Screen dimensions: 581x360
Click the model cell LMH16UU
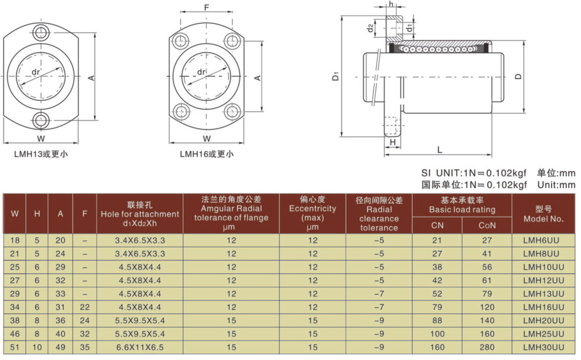click(x=543, y=307)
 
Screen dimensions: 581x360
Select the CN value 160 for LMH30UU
click(x=437, y=347)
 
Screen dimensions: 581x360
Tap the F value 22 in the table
click(x=85, y=307)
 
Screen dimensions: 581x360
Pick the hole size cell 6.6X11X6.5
click(x=140, y=347)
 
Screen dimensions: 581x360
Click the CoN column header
click(x=487, y=225)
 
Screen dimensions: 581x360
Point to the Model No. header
click(x=543, y=214)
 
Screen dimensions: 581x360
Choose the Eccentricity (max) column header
click(x=313, y=213)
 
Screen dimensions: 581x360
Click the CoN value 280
click(x=487, y=347)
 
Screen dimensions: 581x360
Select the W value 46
click(x=15, y=333)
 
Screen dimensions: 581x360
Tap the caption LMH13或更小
click(x=41, y=154)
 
